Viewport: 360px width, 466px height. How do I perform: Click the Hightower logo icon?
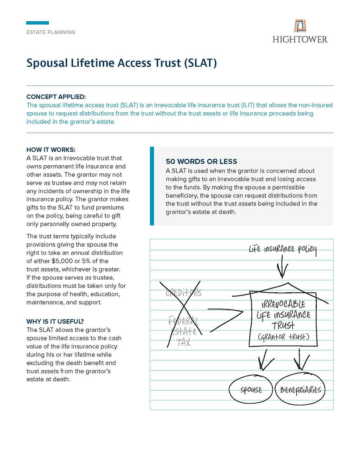click(x=300, y=26)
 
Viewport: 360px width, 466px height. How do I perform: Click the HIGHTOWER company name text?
click(x=300, y=39)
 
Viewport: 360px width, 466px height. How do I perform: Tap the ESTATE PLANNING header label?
click(x=51, y=32)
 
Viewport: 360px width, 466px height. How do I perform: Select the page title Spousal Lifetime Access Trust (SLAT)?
click(x=121, y=63)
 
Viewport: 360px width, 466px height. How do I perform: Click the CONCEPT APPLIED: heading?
click(x=56, y=97)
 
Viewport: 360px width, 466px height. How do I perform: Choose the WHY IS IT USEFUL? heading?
click(x=55, y=322)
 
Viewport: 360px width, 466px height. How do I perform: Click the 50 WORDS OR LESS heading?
click(x=201, y=162)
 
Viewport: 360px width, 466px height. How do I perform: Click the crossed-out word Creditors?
click(x=184, y=292)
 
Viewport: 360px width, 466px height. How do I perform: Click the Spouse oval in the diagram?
click(x=251, y=390)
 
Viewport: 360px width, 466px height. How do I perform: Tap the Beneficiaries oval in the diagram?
click(x=300, y=390)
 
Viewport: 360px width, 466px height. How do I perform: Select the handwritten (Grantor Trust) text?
click(x=283, y=337)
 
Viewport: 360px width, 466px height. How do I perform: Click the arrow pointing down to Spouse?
click(x=265, y=359)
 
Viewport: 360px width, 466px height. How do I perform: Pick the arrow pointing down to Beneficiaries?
click(x=301, y=359)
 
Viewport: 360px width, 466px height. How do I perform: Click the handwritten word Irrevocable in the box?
click(x=283, y=304)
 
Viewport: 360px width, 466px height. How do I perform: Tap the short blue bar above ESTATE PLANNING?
click(x=37, y=23)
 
